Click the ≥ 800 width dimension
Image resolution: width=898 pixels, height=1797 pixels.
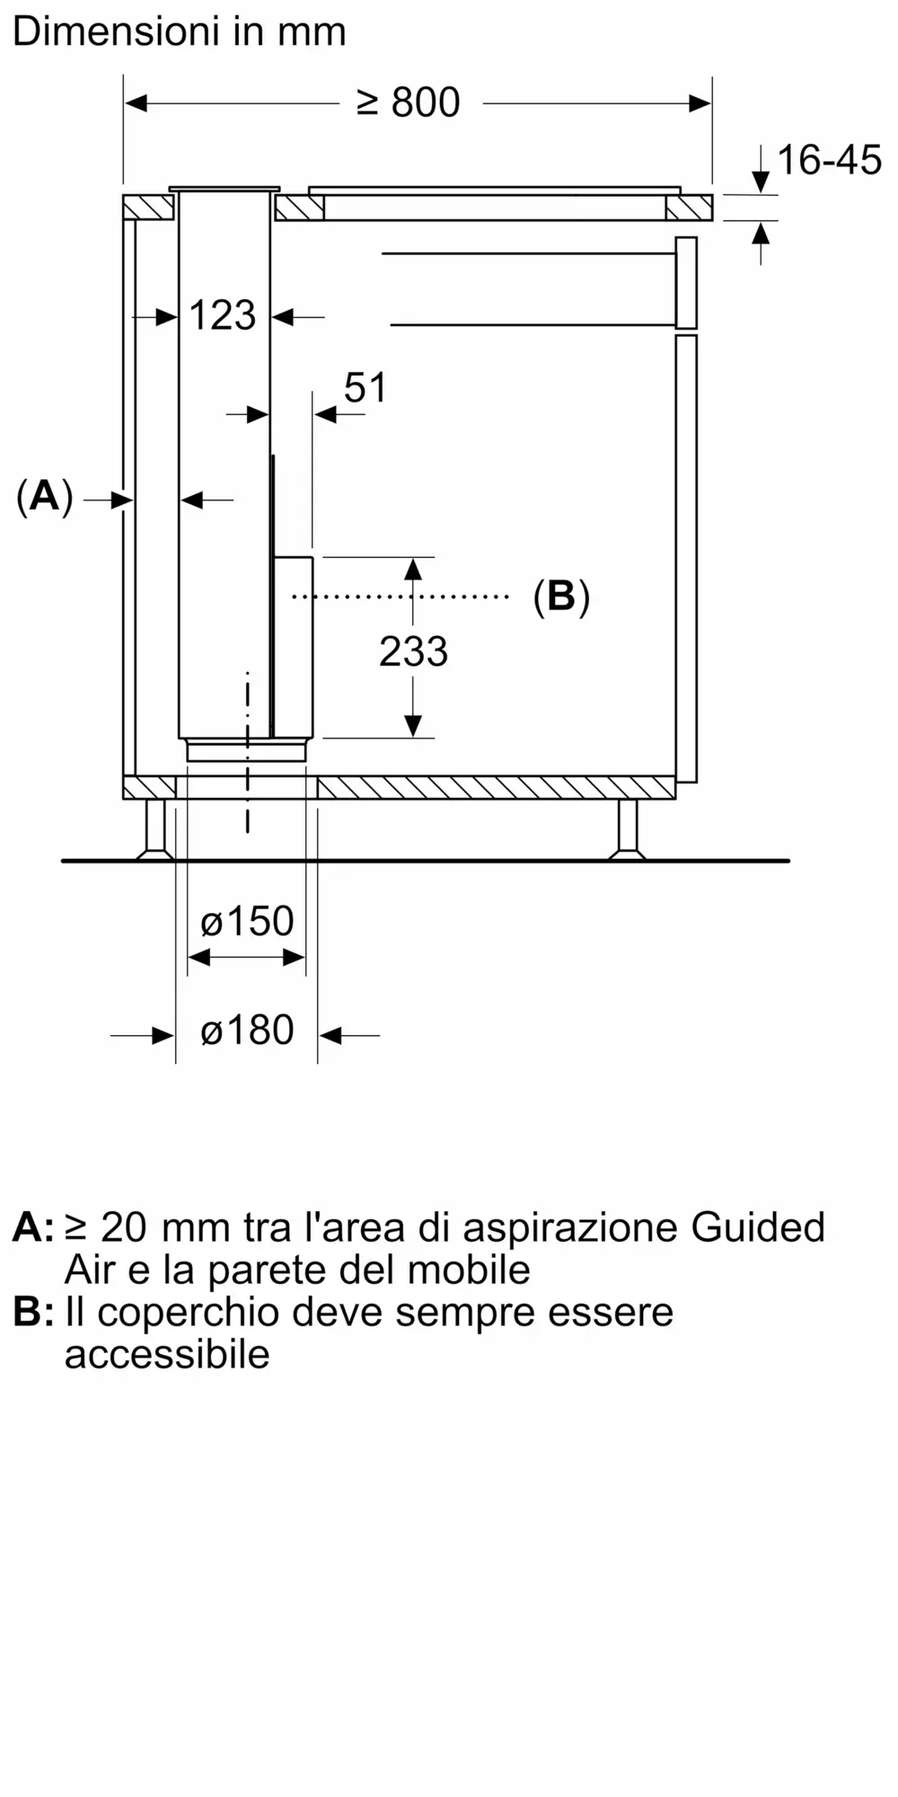409,103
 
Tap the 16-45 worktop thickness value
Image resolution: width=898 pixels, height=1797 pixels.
829,160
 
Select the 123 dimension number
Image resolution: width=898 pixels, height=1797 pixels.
223,315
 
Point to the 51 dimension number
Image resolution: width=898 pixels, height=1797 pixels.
365,387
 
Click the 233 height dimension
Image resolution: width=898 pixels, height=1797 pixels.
413,651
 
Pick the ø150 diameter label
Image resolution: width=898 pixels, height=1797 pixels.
247,921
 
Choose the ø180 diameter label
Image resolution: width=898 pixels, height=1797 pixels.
247,1030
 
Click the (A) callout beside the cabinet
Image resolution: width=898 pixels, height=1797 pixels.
44,496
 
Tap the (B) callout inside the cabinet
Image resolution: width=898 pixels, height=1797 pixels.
561,596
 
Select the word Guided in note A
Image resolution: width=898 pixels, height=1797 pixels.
758,1227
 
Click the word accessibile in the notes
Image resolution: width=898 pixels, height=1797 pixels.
167,1354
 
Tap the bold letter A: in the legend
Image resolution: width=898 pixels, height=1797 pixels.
33,1227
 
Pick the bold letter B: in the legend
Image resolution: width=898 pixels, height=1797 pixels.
33,1313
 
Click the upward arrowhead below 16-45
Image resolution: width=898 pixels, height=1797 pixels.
761,232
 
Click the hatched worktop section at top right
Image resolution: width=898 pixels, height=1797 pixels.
689,208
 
